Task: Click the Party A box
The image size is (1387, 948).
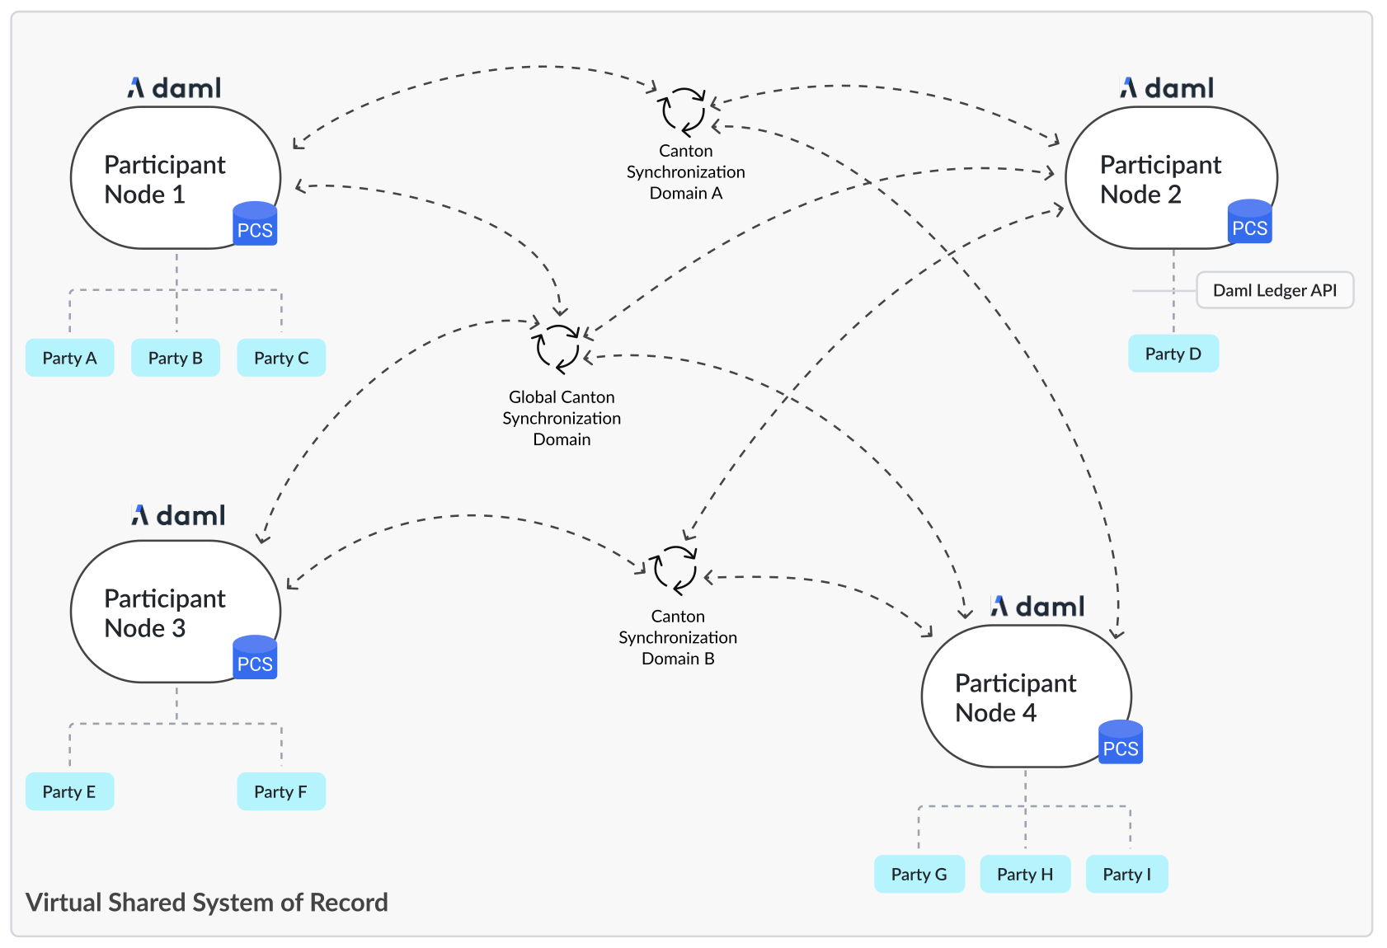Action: [69, 358]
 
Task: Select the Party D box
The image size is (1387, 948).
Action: [1173, 354]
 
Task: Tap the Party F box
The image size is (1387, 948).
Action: [280, 791]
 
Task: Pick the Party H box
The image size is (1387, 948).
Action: [1024, 874]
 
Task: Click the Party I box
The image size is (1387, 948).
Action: [1126, 874]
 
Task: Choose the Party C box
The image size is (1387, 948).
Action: [280, 358]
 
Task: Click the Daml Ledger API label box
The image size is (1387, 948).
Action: [1274, 290]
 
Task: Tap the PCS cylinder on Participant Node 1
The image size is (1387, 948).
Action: [255, 224]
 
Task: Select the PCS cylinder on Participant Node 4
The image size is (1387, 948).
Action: [1120, 743]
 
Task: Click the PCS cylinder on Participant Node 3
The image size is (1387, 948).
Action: [255, 658]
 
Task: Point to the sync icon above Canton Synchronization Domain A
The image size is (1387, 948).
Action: [683, 111]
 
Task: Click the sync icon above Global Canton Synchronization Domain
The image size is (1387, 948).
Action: [558, 348]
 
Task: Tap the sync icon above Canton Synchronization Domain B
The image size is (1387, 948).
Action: [675, 570]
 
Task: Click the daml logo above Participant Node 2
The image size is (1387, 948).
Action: [1166, 88]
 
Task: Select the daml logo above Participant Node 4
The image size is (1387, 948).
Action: [1037, 607]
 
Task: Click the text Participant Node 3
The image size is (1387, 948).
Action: [164, 612]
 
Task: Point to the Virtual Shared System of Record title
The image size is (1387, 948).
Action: [206, 902]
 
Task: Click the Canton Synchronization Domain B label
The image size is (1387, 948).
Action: [678, 637]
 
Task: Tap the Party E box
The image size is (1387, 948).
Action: [69, 791]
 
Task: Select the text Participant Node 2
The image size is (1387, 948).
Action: [1159, 179]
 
